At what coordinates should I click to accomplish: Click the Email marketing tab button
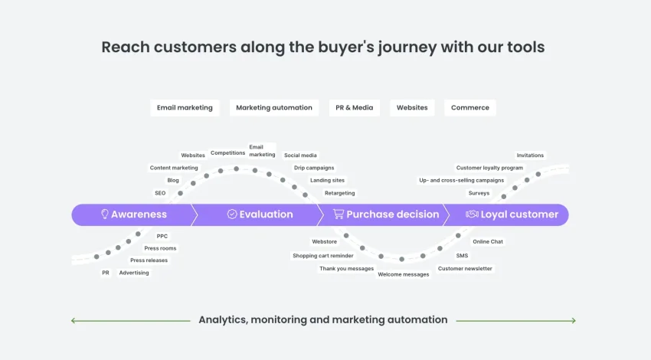185,107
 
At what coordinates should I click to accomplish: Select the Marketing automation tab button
274,107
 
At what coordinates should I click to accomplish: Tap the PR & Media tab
354,107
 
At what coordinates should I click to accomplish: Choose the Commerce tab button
470,107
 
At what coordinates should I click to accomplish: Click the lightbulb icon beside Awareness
105,214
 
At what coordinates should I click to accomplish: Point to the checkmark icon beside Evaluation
232,214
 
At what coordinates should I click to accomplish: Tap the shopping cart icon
339,214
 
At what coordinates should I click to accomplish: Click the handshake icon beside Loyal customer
472,214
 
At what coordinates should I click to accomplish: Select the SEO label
160,193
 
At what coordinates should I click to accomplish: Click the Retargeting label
339,193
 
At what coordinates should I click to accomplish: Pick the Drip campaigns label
314,168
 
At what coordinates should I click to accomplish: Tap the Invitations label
530,155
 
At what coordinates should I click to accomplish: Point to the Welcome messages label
404,274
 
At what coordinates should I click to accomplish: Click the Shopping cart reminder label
323,256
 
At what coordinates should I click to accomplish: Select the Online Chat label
488,242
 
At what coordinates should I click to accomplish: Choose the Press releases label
149,260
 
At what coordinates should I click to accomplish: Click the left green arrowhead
73,321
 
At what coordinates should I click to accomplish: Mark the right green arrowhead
574,321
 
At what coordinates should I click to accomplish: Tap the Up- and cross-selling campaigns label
462,180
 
